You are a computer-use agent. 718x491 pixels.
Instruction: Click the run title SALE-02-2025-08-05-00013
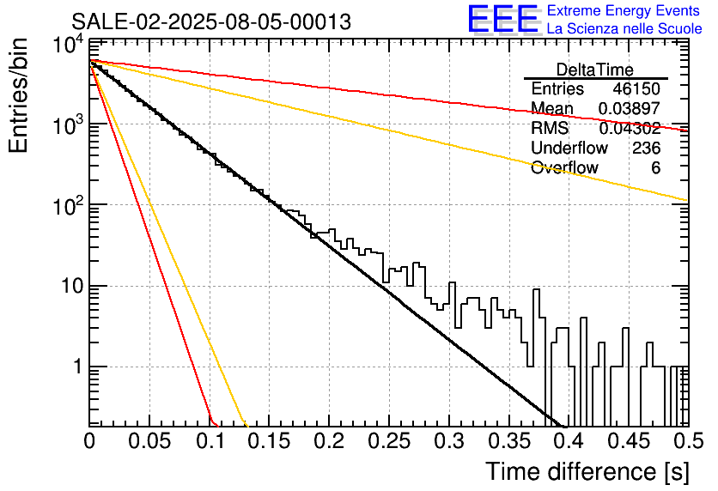(211, 21)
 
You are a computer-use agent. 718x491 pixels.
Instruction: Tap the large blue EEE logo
(503, 19)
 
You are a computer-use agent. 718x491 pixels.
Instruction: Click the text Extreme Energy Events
(624, 10)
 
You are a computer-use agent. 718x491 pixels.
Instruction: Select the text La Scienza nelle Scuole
(624, 28)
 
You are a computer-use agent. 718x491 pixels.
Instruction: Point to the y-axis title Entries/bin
(18, 95)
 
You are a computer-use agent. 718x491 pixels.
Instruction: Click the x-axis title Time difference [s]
(587, 472)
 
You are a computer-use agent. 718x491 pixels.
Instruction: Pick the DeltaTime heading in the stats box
(594, 70)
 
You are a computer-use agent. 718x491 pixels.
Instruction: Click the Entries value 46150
(636, 88)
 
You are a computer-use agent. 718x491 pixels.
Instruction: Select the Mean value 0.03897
(630, 108)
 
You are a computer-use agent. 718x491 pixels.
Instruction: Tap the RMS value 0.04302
(630, 128)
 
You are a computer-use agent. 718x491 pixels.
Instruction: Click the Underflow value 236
(647, 148)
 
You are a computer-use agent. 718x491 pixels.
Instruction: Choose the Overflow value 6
(655, 167)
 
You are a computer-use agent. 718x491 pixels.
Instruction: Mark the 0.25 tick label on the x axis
(389, 441)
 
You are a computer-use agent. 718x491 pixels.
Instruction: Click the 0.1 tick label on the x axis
(210, 441)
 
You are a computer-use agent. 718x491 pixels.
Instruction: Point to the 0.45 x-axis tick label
(629, 441)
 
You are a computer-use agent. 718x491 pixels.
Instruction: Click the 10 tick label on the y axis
(73, 287)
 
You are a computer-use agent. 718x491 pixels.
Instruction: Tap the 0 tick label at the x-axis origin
(89, 441)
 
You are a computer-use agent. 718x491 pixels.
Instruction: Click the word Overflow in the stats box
(564, 167)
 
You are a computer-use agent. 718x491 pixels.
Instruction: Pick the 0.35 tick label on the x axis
(509, 441)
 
